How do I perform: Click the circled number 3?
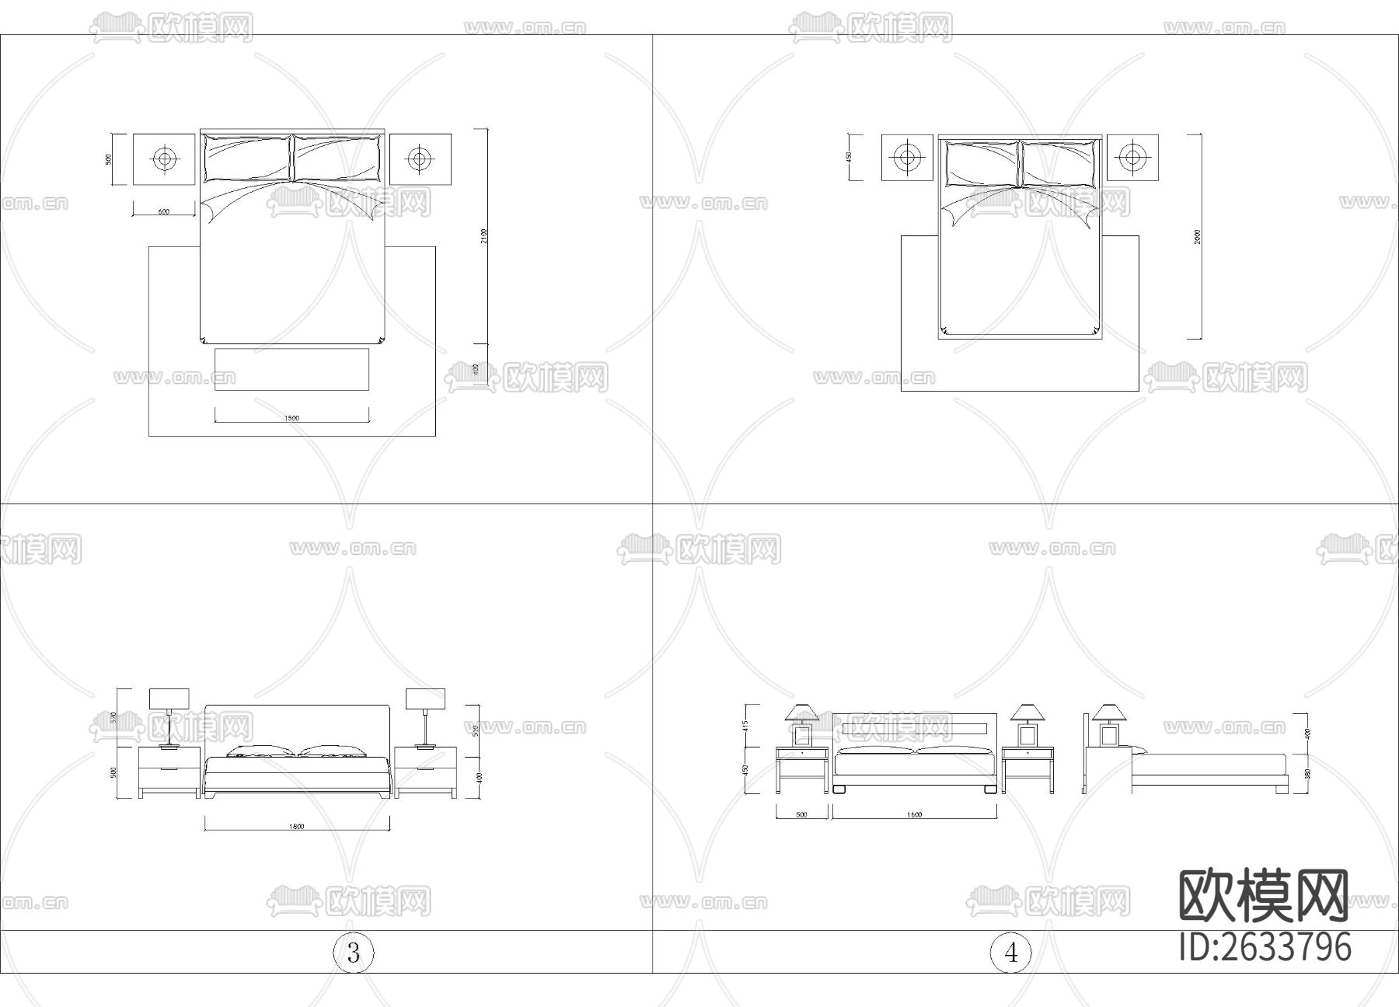(354, 953)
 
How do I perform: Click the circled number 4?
(1010, 953)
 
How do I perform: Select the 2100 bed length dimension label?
(483, 236)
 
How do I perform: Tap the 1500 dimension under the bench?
(291, 418)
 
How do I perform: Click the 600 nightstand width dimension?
(164, 212)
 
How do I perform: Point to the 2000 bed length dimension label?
(1198, 236)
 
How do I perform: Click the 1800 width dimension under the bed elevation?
(296, 827)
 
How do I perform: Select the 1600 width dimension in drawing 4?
(914, 815)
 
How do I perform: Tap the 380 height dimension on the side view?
(1307, 774)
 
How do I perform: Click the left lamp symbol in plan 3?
(164, 159)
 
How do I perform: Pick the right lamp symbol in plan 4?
(1132, 158)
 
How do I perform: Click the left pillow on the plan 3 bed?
(247, 158)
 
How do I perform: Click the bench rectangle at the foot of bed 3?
(291, 370)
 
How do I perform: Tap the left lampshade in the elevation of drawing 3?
(169, 699)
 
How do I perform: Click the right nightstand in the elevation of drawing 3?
(425, 771)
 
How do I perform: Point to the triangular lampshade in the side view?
(1107, 712)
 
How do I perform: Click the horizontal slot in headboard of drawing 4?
(914, 728)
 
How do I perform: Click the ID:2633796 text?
(1265, 946)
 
